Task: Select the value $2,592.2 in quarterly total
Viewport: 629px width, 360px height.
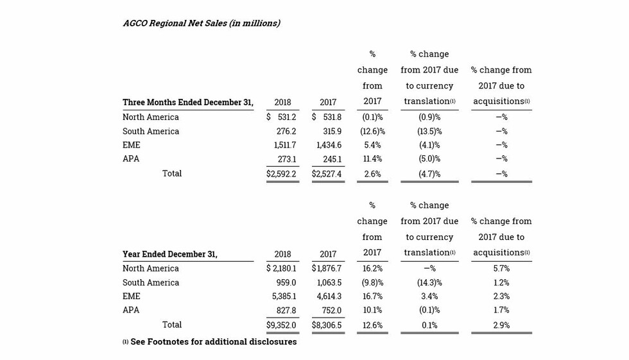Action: [x=281, y=174]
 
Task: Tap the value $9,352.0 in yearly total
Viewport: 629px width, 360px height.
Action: [x=281, y=325]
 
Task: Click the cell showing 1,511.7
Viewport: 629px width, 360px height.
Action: [x=285, y=145]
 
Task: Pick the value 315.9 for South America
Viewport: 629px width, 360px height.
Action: [x=332, y=132]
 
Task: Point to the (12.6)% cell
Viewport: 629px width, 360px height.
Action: [x=372, y=132]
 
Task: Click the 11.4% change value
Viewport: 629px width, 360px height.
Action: [x=372, y=159]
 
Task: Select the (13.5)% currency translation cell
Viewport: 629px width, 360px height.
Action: [x=429, y=132]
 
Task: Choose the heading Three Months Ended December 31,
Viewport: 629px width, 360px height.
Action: [x=188, y=102]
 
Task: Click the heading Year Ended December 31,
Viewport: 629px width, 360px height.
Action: [x=170, y=254]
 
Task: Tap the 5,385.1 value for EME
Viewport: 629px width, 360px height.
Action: [x=284, y=296]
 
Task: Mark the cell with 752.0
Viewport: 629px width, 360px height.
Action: [x=332, y=311]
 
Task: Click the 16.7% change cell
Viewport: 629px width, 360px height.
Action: [x=372, y=296]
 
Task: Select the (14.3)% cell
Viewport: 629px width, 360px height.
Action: [x=429, y=282]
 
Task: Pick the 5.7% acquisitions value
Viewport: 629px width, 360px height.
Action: [x=501, y=269]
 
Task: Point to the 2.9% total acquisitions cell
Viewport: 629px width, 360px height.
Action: [x=501, y=325]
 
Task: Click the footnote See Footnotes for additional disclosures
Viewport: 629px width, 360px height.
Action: [x=213, y=342]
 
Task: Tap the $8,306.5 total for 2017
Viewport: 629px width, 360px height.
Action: [x=327, y=325]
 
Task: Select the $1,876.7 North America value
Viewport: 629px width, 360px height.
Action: [x=327, y=269]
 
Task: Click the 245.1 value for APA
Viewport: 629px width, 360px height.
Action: [x=332, y=159]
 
